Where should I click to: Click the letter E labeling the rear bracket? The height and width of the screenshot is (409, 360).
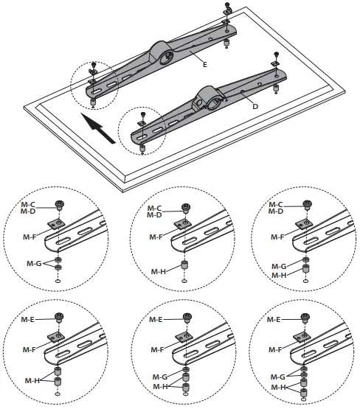click(x=204, y=65)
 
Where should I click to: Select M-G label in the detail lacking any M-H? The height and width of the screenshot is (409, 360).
click(x=34, y=262)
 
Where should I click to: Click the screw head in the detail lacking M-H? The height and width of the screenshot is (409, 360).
click(x=60, y=205)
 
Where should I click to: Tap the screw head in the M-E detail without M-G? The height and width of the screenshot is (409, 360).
click(x=60, y=318)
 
